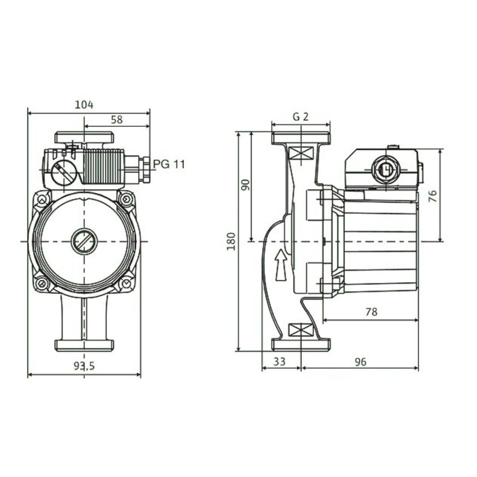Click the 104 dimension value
[x=84, y=105]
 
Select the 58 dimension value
[x=117, y=119]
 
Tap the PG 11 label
[x=169, y=164]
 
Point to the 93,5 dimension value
[x=84, y=366]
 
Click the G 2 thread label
[x=300, y=117]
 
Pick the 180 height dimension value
[x=231, y=241]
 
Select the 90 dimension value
[x=246, y=185]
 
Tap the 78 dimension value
[x=371, y=312]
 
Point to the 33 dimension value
[x=279, y=362]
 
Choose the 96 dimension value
[x=360, y=362]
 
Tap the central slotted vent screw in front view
[x=84, y=242]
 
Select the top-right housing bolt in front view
[x=127, y=200]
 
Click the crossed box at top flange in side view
[x=300, y=155]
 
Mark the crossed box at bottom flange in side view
[x=300, y=329]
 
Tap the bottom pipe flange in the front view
[x=84, y=345]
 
